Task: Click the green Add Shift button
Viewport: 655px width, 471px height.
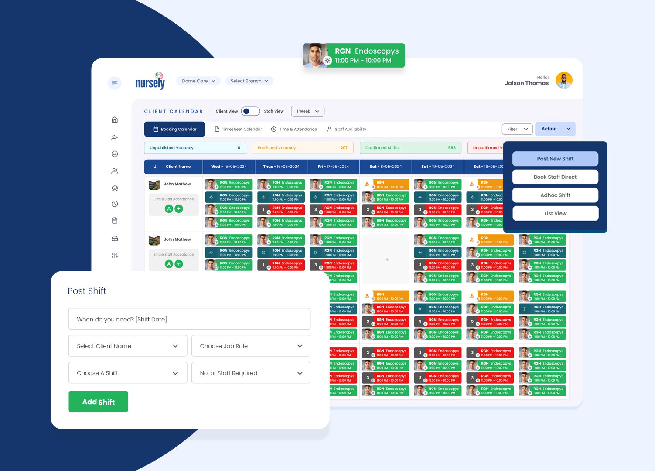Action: (x=98, y=402)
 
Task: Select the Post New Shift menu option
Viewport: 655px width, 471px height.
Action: (x=555, y=159)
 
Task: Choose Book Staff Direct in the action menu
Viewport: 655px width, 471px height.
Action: (x=555, y=177)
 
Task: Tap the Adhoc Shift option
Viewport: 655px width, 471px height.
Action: (x=555, y=195)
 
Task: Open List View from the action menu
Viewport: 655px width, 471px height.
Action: (x=555, y=213)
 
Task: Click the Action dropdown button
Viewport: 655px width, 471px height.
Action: (x=555, y=129)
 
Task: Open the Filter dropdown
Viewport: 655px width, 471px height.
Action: (x=517, y=129)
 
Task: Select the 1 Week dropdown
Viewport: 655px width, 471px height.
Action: (x=307, y=111)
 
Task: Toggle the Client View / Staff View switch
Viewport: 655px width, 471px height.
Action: (x=250, y=111)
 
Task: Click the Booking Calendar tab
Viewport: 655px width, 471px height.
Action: (x=174, y=129)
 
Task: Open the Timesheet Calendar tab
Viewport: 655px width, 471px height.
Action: (x=238, y=129)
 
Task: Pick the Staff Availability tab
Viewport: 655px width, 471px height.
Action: (x=347, y=129)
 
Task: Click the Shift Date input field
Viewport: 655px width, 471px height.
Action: (x=189, y=319)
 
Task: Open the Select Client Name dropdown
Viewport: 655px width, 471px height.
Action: (x=128, y=346)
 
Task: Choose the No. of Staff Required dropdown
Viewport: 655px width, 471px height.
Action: (x=251, y=373)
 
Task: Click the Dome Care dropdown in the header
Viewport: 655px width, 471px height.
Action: (x=198, y=81)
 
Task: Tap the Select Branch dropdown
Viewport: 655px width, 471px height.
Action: (x=249, y=81)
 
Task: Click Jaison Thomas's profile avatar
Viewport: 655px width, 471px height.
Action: (x=564, y=81)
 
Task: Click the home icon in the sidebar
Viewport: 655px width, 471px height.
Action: (x=115, y=120)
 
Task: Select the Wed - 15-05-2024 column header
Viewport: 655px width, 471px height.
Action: (x=229, y=167)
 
